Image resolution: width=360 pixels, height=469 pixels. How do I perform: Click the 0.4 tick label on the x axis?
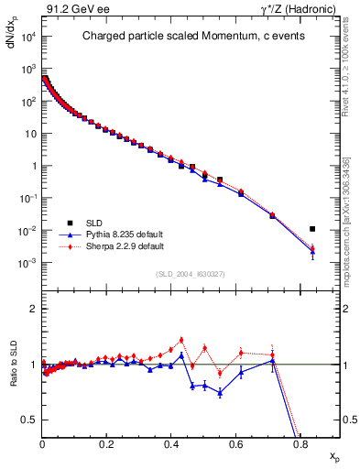[171, 443]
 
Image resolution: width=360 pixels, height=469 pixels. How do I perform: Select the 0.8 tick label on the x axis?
[300, 443]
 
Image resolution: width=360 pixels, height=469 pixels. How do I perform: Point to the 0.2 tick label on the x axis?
[107, 443]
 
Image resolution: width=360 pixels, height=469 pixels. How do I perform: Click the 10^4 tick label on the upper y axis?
[28, 37]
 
